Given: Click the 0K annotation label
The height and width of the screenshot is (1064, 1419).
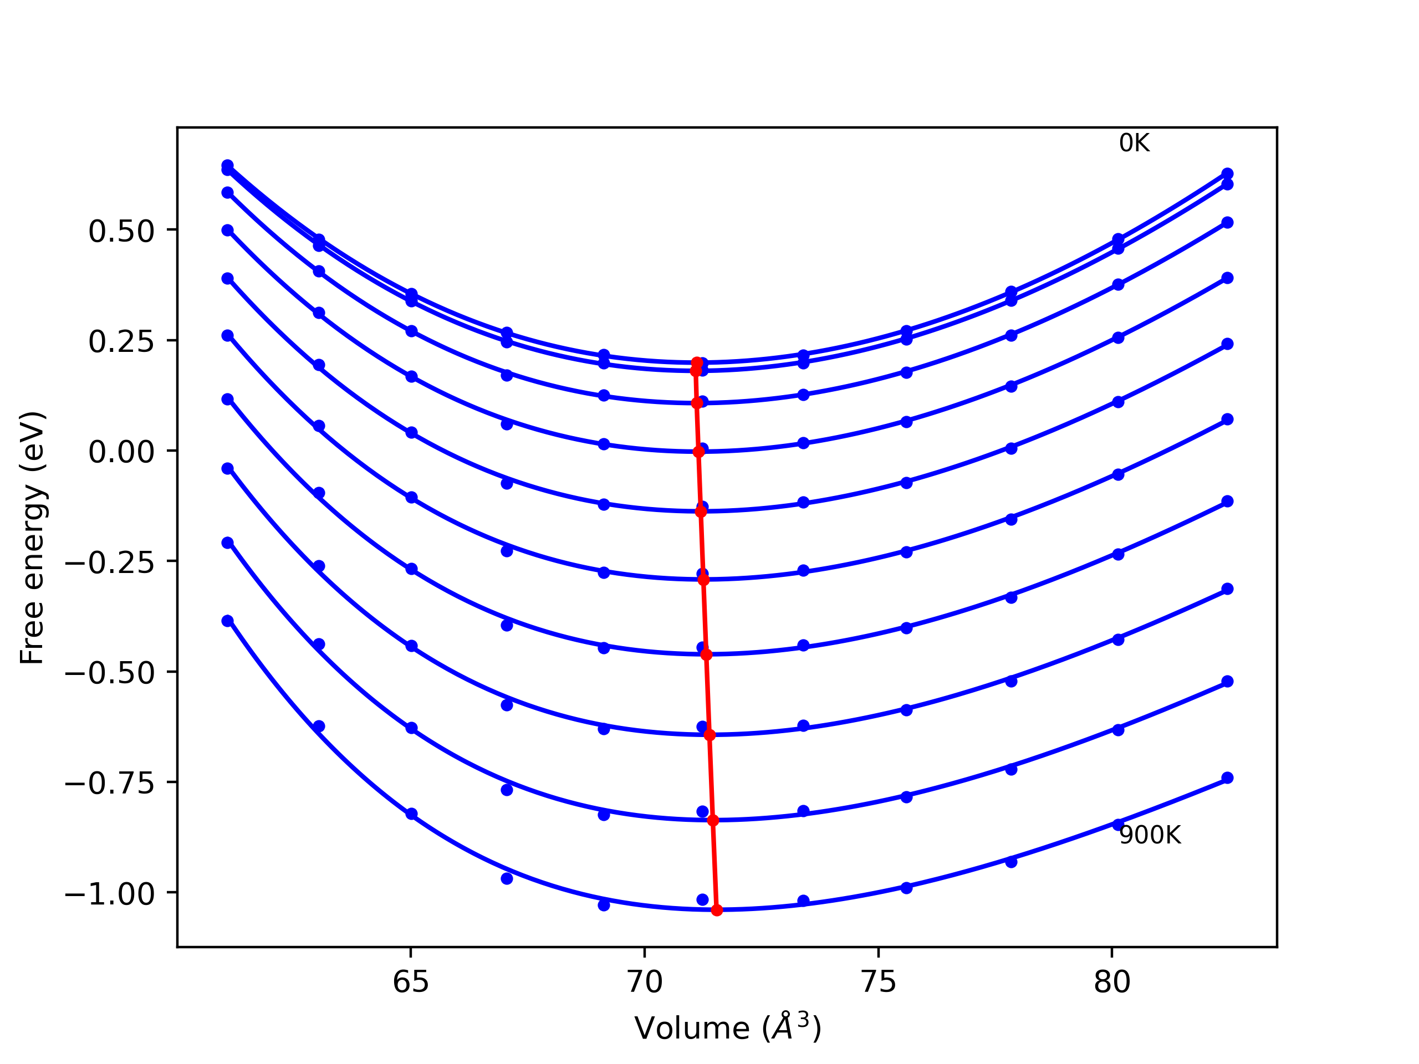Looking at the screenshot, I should [1134, 143].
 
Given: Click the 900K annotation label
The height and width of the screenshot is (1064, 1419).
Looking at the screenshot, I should [1150, 835].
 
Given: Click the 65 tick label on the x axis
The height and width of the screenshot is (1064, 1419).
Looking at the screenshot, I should [411, 982].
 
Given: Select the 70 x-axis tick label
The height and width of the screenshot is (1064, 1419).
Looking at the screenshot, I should [644, 982].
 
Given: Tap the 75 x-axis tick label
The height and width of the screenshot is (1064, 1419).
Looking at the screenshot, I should [878, 982].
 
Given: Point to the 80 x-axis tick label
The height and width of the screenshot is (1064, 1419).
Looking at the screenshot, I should [1112, 982].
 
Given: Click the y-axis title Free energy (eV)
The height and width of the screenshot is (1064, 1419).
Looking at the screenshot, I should [32, 538].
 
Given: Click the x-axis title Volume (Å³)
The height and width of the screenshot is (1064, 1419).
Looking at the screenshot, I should [727, 1028].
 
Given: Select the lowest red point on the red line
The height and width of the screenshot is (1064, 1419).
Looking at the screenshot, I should [717, 910].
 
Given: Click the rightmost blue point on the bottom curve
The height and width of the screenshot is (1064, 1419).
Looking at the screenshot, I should [1227, 778].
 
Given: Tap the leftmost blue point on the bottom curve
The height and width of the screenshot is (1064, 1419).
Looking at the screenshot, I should [227, 621].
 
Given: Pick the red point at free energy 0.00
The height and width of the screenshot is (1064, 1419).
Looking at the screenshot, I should [698, 452].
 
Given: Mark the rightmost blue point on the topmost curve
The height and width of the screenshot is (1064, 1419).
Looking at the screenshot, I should [1227, 174].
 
